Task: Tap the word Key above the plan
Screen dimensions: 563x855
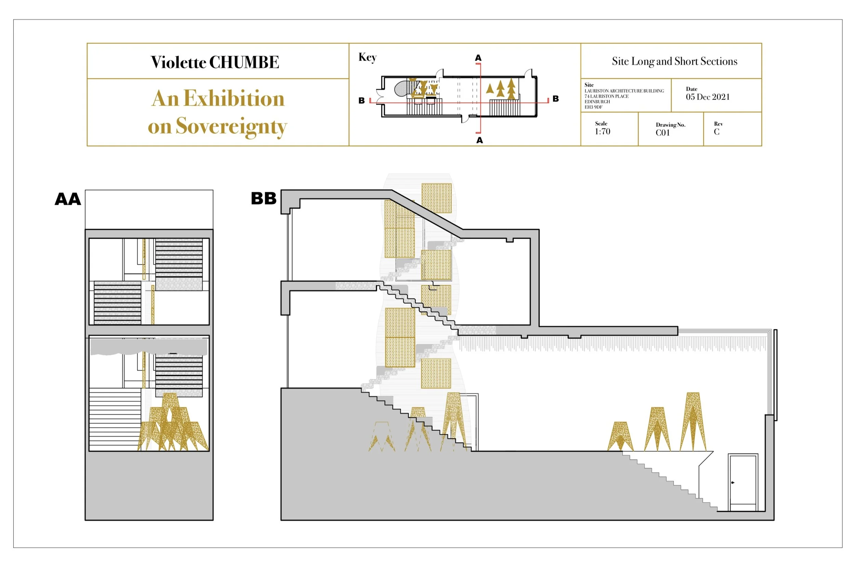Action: [367, 57]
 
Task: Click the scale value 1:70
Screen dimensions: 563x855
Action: [603, 131]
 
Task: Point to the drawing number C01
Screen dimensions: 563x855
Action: [662, 133]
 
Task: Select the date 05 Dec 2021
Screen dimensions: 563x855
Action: [707, 97]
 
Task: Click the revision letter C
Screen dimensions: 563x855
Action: [716, 132]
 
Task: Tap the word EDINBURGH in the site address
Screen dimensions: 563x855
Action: [597, 102]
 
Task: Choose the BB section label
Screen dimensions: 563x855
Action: [263, 198]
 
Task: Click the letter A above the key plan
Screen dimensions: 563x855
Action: [478, 58]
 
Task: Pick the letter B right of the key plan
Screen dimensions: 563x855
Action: [555, 99]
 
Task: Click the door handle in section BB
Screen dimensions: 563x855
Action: [733, 483]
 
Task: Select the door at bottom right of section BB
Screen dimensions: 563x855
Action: [743, 482]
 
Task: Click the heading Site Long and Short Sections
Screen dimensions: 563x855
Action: [674, 62]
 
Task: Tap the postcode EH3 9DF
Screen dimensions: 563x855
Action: [593, 107]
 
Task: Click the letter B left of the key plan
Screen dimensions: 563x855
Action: [361, 101]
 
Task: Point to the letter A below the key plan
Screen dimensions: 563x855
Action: [479, 141]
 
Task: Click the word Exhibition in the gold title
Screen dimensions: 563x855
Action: [234, 99]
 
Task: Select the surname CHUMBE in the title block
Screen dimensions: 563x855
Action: [244, 63]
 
